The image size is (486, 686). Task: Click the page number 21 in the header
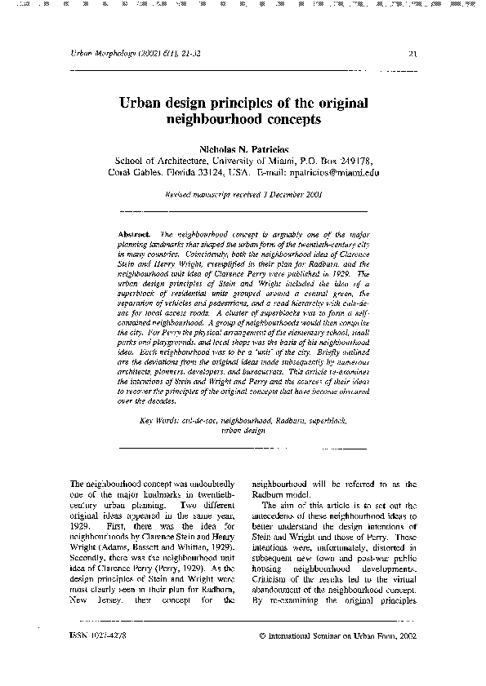point(412,55)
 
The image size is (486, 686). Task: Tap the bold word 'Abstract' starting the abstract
point(133,233)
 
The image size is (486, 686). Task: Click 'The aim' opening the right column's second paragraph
point(277,507)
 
